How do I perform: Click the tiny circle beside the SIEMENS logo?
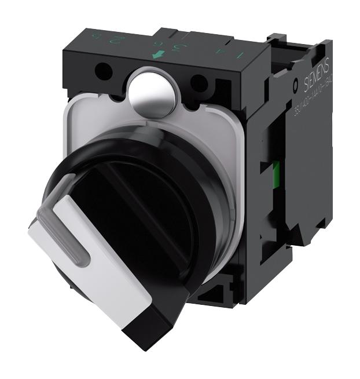[x=296, y=85]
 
